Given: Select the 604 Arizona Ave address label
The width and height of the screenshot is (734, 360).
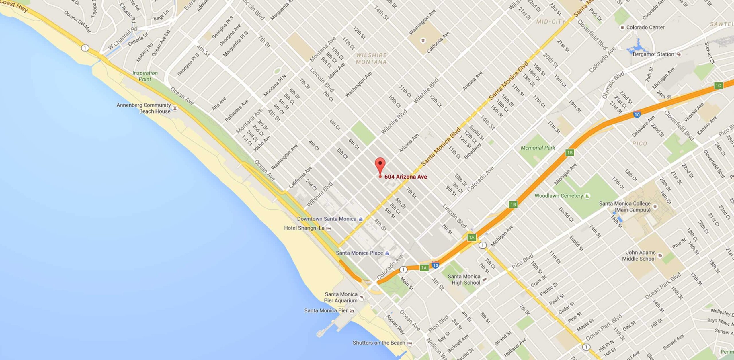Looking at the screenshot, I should click(x=405, y=177).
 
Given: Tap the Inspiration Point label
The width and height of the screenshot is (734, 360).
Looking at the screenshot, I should click(x=145, y=76).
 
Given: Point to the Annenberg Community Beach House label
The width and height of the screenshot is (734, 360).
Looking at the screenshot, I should click(x=144, y=108).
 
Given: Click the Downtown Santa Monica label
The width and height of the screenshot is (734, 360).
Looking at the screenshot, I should click(x=327, y=219).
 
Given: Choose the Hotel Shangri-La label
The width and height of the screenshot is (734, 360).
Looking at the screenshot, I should click(x=304, y=228).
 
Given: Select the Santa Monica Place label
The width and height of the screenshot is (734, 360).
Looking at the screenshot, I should click(x=359, y=253).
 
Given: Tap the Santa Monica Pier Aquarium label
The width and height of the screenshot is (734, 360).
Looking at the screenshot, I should click(x=341, y=297).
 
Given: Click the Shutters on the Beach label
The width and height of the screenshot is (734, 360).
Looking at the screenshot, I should click(x=379, y=343).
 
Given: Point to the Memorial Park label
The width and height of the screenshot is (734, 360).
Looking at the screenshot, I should click(x=538, y=148).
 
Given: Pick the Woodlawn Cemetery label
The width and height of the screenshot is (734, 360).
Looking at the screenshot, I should click(x=559, y=196).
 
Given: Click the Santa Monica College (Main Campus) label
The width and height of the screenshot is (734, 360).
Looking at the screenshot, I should click(x=625, y=207).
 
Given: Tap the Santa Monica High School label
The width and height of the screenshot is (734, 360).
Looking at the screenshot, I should click(x=464, y=280).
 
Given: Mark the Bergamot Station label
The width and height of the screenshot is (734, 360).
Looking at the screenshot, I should click(x=653, y=54).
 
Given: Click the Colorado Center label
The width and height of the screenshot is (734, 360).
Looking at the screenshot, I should click(x=645, y=28).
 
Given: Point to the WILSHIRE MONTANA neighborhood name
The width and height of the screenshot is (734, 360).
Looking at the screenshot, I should click(x=371, y=58).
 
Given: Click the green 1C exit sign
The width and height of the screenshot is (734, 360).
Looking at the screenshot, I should click(x=718, y=85).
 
